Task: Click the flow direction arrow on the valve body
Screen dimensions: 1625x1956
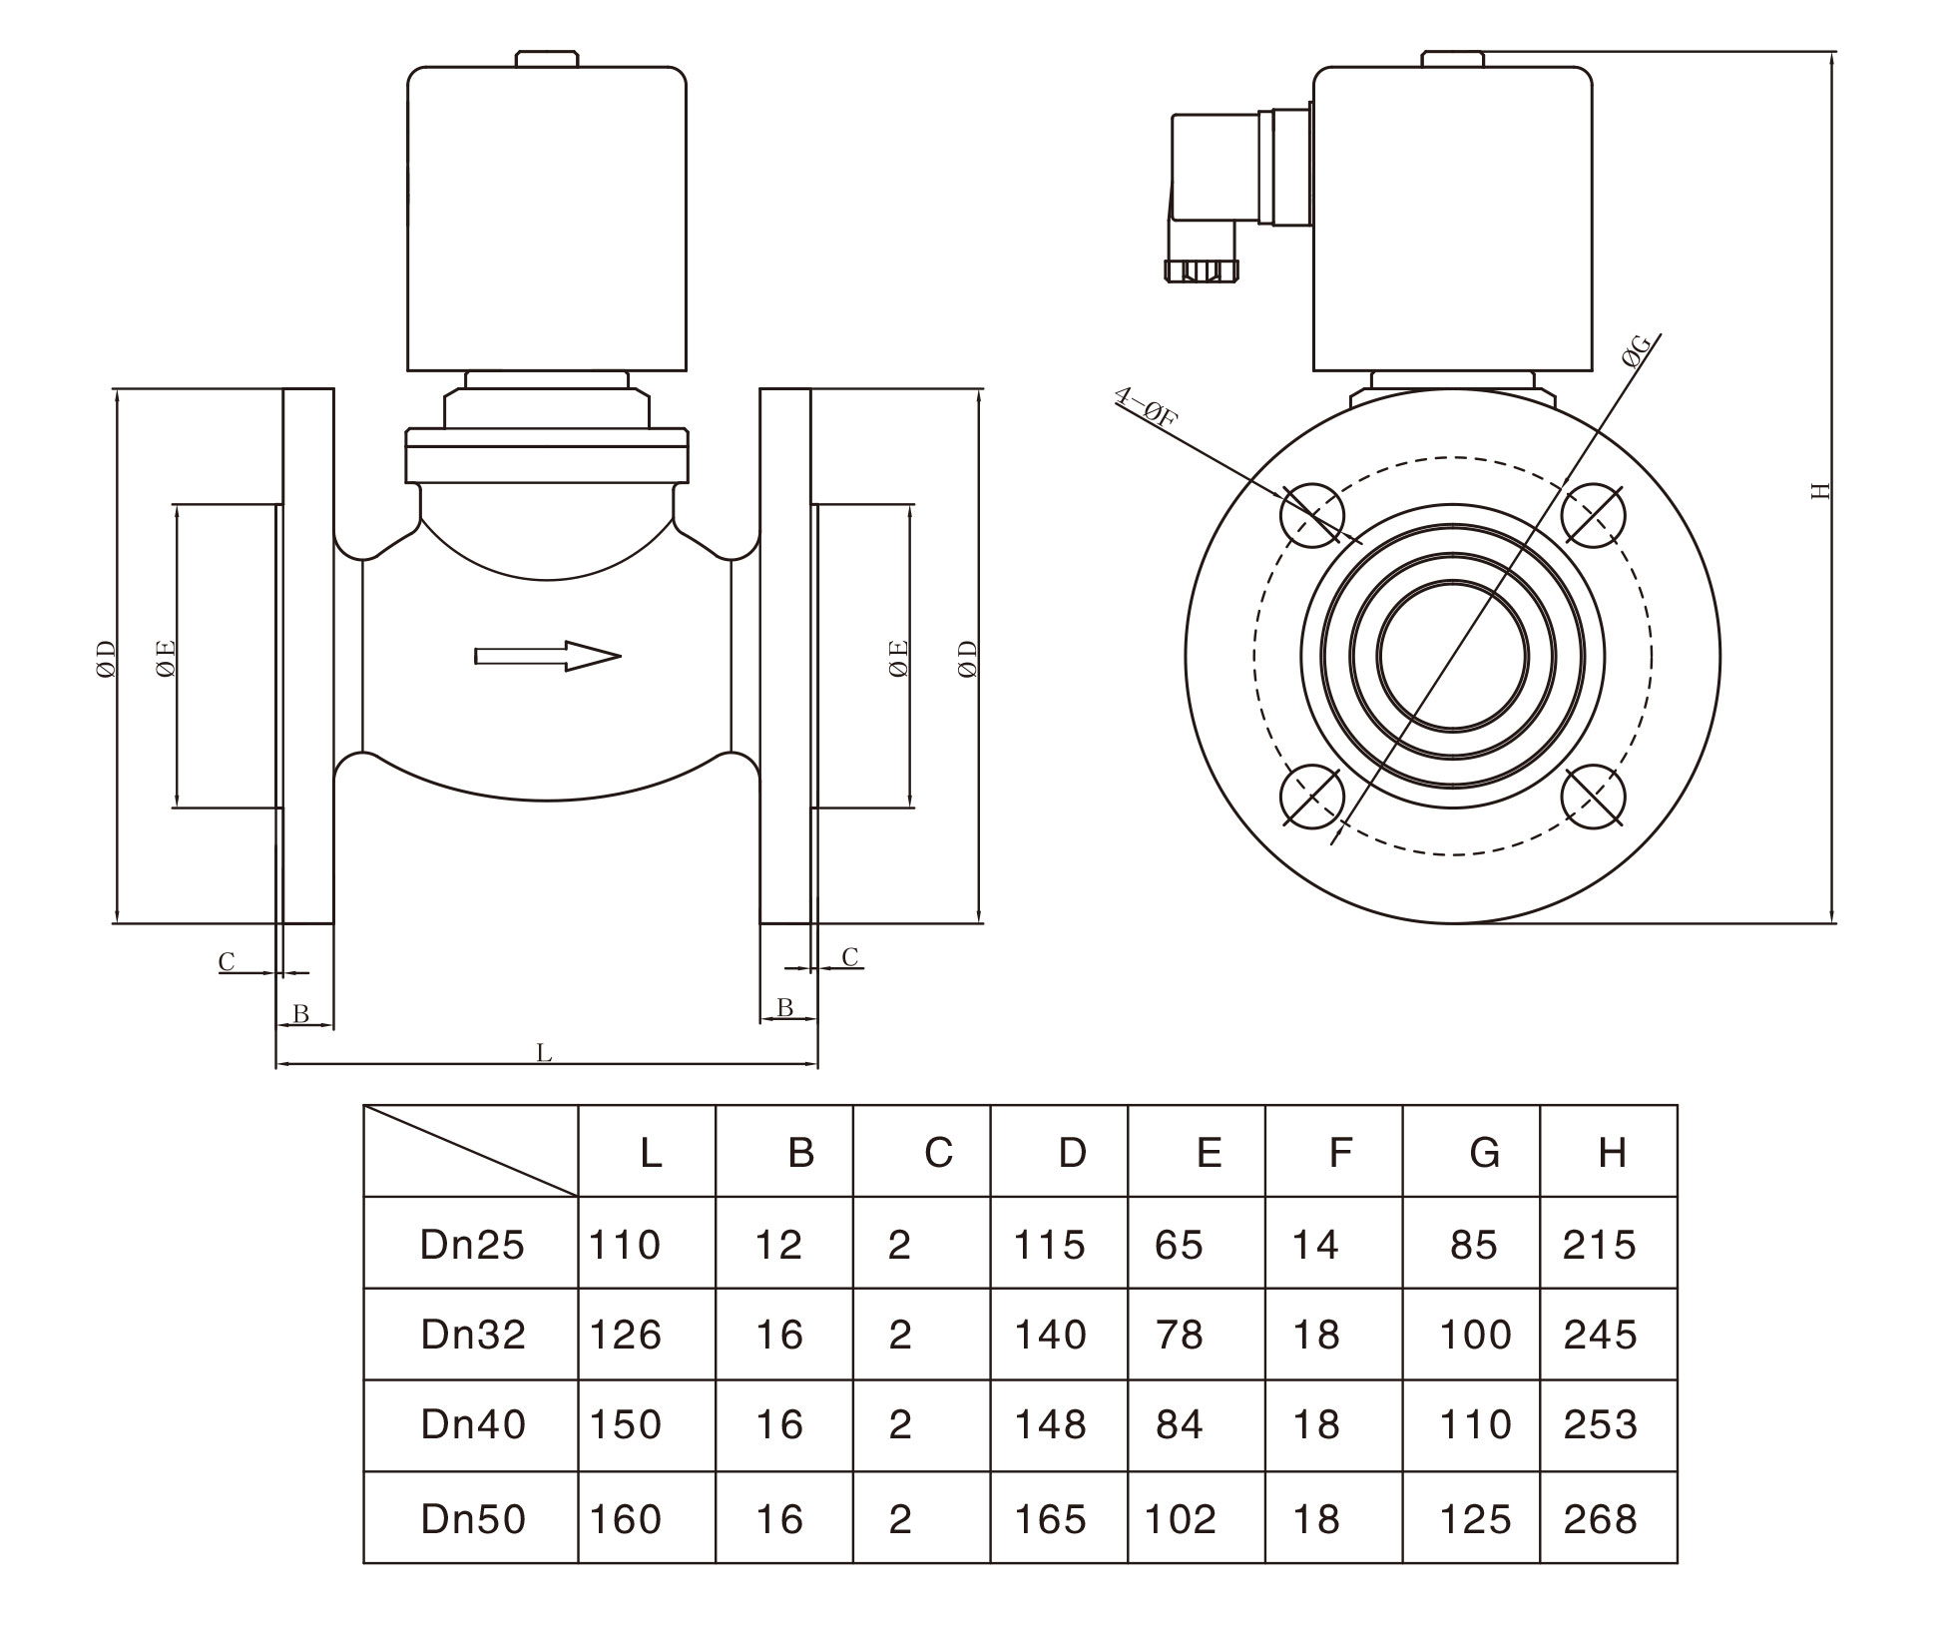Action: pyautogui.click(x=548, y=656)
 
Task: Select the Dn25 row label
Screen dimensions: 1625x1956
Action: pyautogui.click(x=472, y=1245)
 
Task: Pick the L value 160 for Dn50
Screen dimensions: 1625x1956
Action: pyautogui.click(x=626, y=1519)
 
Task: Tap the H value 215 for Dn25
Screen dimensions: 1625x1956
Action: pyautogui.click(x=1600, y=1245)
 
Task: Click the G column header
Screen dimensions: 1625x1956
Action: pyautogui.click(x=1484, y=1153)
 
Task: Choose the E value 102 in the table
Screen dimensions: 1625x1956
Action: pyautogui.click(x=1181, y=1519)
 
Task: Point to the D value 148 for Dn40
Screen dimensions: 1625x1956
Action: pyautogui.click(x=1050, y=1424)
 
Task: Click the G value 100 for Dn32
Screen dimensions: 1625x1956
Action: pyautogui.click(x=1475, y=1335)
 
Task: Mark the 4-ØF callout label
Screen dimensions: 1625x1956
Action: pyautogui.click(x=1146, y=408)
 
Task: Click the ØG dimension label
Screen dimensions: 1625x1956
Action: pyautogui.click(x=1638, y=353)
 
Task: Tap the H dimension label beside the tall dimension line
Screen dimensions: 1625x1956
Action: pyautogui.click(x=1821, y=490)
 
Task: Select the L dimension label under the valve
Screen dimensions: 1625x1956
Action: pyautogui.click(x=544, y=1052)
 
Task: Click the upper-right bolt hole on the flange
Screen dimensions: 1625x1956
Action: pyautogui.click(x=1593, y=515)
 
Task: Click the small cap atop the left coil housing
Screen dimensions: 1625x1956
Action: pyautogui.click(x=547, y=59)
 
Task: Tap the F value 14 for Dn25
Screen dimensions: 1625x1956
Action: pyautogui.click(x=1314, y=1245)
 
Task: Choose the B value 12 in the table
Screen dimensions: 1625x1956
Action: pyautogui.click(x=778, y=1245)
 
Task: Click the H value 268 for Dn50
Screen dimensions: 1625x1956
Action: pyautogui.click(x=1601, y=1519)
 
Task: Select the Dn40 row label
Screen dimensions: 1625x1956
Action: pyautogui.click(x=473, y=1424)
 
